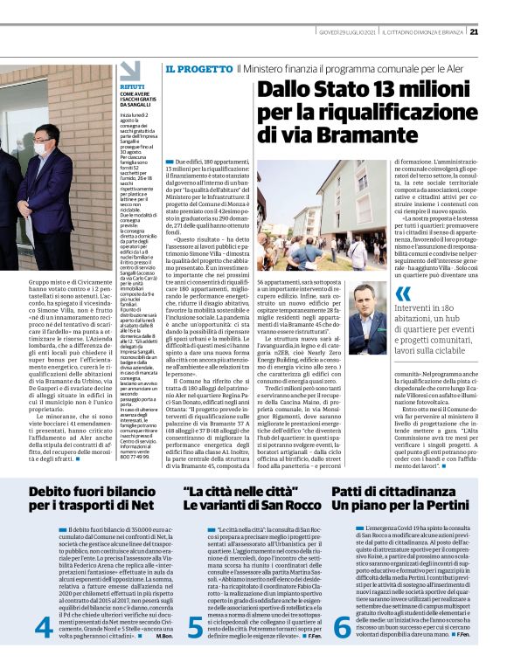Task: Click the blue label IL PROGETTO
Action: click(x=192, y=68)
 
